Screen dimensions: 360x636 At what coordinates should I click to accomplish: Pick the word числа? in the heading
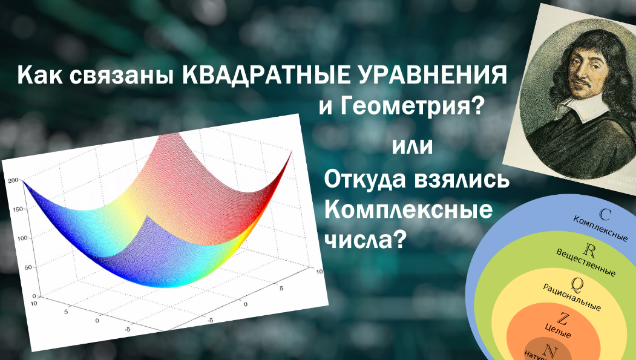pyautogui.click(x=365, y=240)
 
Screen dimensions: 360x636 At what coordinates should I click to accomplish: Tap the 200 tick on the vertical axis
pyautogui.click(x=13, y=180)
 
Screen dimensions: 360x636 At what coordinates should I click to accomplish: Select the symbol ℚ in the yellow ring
pyautogui.click(x=576, y=283)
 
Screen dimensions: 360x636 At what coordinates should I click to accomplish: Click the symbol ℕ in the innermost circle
pyautogui.click(x=550, y=350)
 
